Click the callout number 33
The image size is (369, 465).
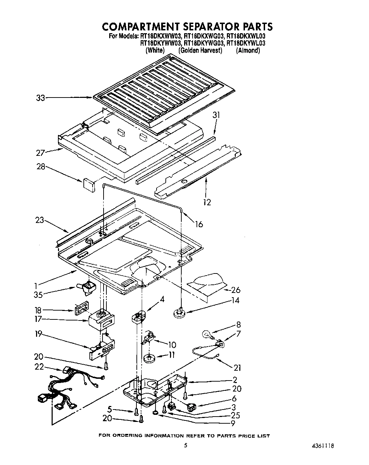40,98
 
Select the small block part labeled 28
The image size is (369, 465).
89,185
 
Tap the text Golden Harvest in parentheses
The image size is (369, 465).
200,50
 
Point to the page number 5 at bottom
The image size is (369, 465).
185,446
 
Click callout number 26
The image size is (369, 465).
235,290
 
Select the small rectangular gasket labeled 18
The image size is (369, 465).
81,308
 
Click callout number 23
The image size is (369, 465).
40,220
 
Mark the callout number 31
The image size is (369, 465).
216,115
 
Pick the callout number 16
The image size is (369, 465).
199,224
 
